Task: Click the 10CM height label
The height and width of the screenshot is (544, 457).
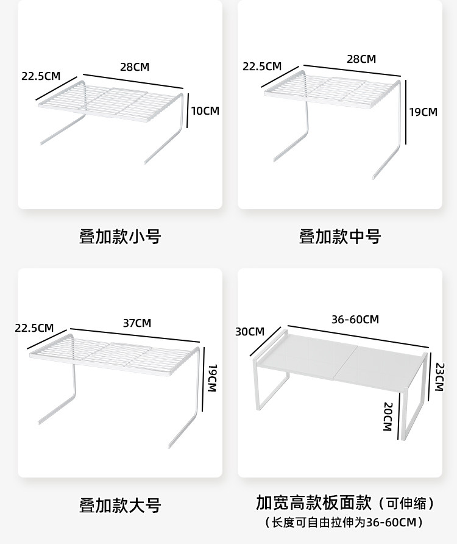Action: click(205, 110)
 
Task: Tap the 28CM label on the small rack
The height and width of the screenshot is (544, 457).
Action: click(134, 67)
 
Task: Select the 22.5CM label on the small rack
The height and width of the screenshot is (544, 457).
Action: click(41, 76)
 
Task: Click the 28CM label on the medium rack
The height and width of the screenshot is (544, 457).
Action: click(361, 59)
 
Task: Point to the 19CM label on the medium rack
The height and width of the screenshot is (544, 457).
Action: click(423, 112)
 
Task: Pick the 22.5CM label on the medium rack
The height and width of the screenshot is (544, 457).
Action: click(262, 66)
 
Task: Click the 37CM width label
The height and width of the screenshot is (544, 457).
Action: click(136, 323)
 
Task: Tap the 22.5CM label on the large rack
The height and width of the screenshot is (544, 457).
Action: click(34, 328)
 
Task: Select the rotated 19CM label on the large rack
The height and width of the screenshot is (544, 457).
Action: click(212, 379)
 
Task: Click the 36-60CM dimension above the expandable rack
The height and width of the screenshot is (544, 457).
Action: click(355, 320)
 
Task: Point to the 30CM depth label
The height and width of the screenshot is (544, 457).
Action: click(250, 332)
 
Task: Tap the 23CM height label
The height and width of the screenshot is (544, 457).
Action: click(440, 377)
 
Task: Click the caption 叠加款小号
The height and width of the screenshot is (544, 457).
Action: click(120, 237)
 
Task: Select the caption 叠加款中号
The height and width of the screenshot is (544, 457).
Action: click(340, 237)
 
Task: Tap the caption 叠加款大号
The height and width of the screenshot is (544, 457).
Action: click(120, 505)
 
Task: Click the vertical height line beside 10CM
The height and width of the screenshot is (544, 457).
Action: click(187, 110)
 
